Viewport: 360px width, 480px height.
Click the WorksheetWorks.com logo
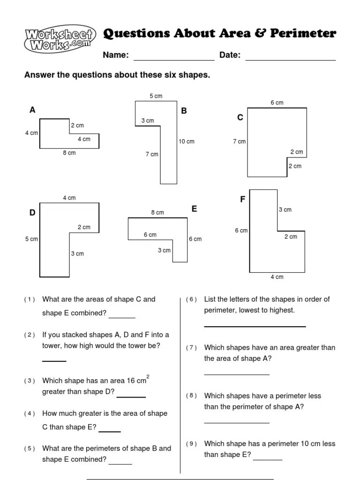click(x=60, y=40)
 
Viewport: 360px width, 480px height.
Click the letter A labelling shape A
click(x=32, y=110)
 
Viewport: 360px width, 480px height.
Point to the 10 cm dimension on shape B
click(x=186, y=142)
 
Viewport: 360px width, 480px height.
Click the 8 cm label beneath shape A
click(x=69, y=153)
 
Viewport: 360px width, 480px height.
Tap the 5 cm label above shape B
click(x=156, y=96)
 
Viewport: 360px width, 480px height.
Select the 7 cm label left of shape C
click(x=239, y=142)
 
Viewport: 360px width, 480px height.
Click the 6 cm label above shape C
click(x=277, y=103)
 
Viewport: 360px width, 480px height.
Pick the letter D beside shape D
click(x=32, y=213)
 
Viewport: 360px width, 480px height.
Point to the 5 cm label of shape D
click(x=31, y=239)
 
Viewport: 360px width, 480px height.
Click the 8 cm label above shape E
click(x=157, y=213)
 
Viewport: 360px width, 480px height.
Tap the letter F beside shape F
click(x=243, y=200)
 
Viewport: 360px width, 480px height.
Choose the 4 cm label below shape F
click(x=277, y=277)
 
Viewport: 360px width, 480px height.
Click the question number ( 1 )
click(x=30, y=300)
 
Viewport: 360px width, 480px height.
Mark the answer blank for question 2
click(x=54, y=360)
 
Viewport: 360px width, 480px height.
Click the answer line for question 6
click(x=255, y=326)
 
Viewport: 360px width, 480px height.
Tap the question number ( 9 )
click(x=192, y=444)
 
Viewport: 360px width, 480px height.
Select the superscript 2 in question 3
click(x=148, y=376)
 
